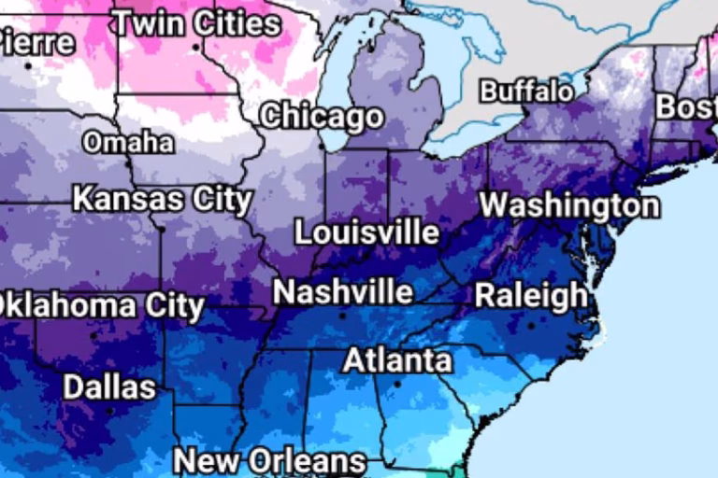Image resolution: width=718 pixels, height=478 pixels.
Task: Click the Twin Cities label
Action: coord(195,22)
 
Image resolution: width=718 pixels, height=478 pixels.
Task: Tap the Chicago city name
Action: coord(322,117)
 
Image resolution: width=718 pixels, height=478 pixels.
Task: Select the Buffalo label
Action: coord(526,91)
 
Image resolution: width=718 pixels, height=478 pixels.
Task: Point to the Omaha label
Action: coord(128,143)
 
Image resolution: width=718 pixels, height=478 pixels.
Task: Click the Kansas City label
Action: coord(163,199)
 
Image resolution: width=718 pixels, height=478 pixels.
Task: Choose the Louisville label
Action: coord(366,232)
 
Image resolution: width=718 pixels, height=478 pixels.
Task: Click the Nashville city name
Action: coord(342,292)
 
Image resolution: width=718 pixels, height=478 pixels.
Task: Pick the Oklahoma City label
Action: coord(99,305)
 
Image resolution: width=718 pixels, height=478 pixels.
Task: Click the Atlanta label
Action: coord(396,360)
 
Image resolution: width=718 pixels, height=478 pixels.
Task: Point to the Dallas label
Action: coord(109,387)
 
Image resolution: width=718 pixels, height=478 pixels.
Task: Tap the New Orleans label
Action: coord(269,461)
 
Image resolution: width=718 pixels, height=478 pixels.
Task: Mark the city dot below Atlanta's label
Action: coord(396,383)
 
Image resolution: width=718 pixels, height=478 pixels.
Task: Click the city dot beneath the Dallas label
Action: coord(109,410)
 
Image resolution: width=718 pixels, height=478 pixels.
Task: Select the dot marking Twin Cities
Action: coord(195,47)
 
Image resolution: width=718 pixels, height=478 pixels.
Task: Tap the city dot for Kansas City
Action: coord(161,227)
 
